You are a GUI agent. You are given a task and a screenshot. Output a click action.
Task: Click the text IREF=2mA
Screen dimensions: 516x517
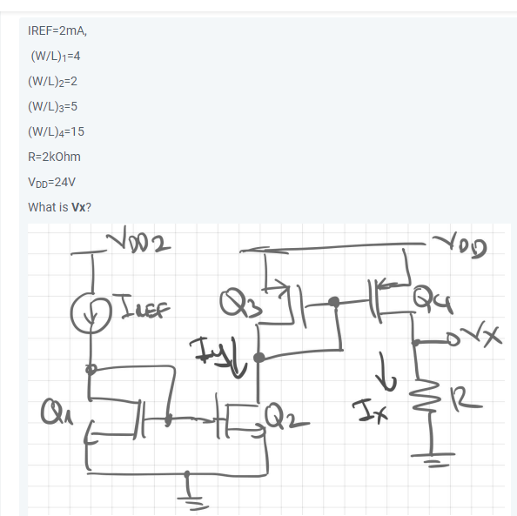[x=57, y=30]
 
